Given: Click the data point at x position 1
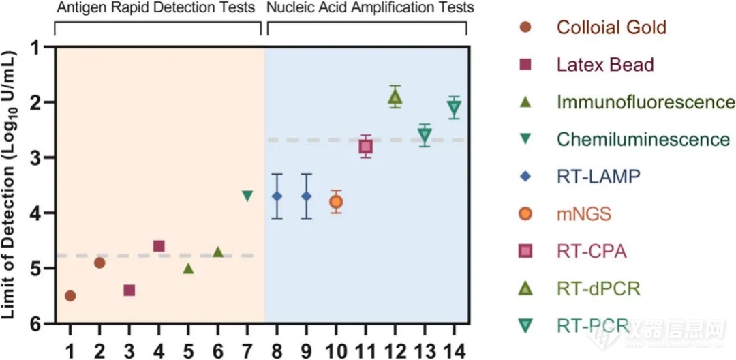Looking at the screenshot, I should pyautogui.click(x=70, y=296).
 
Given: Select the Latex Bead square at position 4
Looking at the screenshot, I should pyautogui.click(x=159, y=246).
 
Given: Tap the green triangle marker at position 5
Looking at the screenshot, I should pyautogui.click(x=189, y=269).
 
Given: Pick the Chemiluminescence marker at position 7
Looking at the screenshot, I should pyautogui.click(x=247, y=196).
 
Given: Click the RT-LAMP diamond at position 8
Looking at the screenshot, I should pyautogui.click(x=277, y=196).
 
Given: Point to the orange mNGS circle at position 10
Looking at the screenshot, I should pyautogui.click(x=335, y=202).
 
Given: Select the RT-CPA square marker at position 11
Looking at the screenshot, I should pyautogui.click(x=365, y=147).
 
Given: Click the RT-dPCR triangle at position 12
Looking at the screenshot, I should pyautogui.click(x=395, y=97).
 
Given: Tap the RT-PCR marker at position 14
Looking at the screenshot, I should pyautogui.click(x=454, y=107).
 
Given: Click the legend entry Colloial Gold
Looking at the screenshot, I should pyautogui.click(x=611, y=28).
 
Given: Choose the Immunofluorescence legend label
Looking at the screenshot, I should pyautogui.click(x=645, y=102).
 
